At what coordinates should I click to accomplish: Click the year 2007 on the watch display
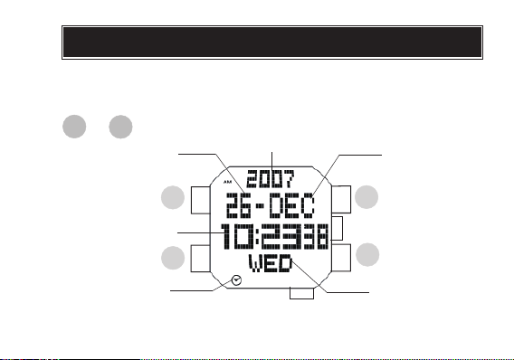271,179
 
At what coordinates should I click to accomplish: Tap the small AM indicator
227,182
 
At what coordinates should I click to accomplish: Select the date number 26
239,205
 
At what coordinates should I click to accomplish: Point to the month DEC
292,205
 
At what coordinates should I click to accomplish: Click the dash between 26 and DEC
261,206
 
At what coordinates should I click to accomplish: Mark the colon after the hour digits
258,236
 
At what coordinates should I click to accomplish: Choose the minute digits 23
285,236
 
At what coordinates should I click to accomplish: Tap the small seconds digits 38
319,236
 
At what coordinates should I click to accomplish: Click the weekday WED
271,263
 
